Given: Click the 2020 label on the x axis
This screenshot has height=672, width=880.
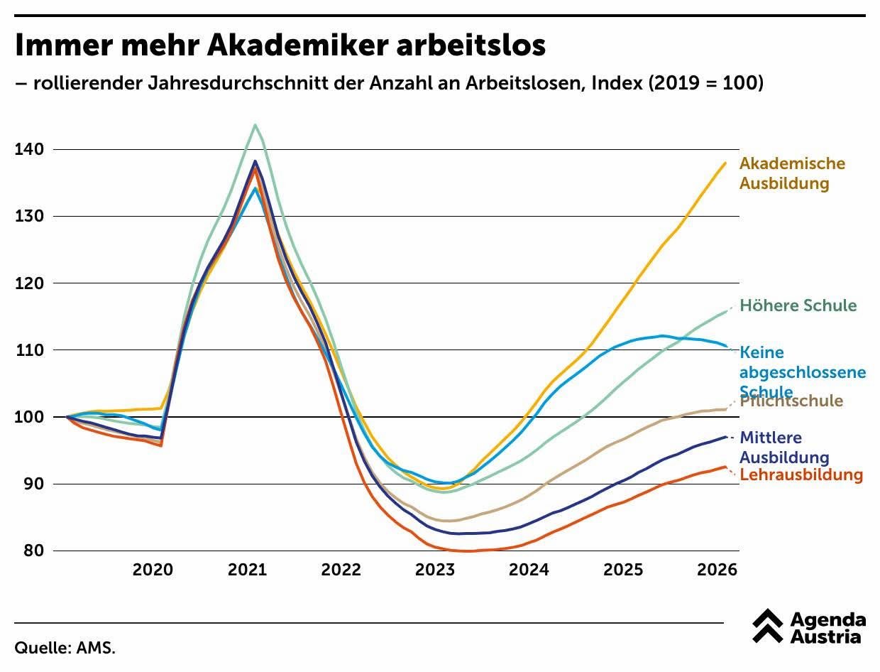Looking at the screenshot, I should pos(153,570).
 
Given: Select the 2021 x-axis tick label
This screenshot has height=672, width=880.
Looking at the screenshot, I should pos(247,570).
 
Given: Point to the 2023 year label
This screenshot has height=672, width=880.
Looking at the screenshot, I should pos(435,570).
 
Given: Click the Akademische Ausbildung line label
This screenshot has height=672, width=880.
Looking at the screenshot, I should pos(792,173).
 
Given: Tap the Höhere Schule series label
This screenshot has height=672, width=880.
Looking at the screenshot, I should pos(798,305).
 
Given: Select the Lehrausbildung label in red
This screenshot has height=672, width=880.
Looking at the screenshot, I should pos(801,475).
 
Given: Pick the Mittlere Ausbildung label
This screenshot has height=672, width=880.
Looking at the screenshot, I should pos(783,448).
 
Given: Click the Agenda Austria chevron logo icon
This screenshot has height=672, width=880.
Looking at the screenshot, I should pos(768,626).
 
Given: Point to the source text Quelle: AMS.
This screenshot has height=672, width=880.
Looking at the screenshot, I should pos(65,648).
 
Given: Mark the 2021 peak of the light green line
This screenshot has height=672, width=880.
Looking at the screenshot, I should pos(255,125).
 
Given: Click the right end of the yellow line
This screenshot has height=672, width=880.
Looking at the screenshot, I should pos(725,163).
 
